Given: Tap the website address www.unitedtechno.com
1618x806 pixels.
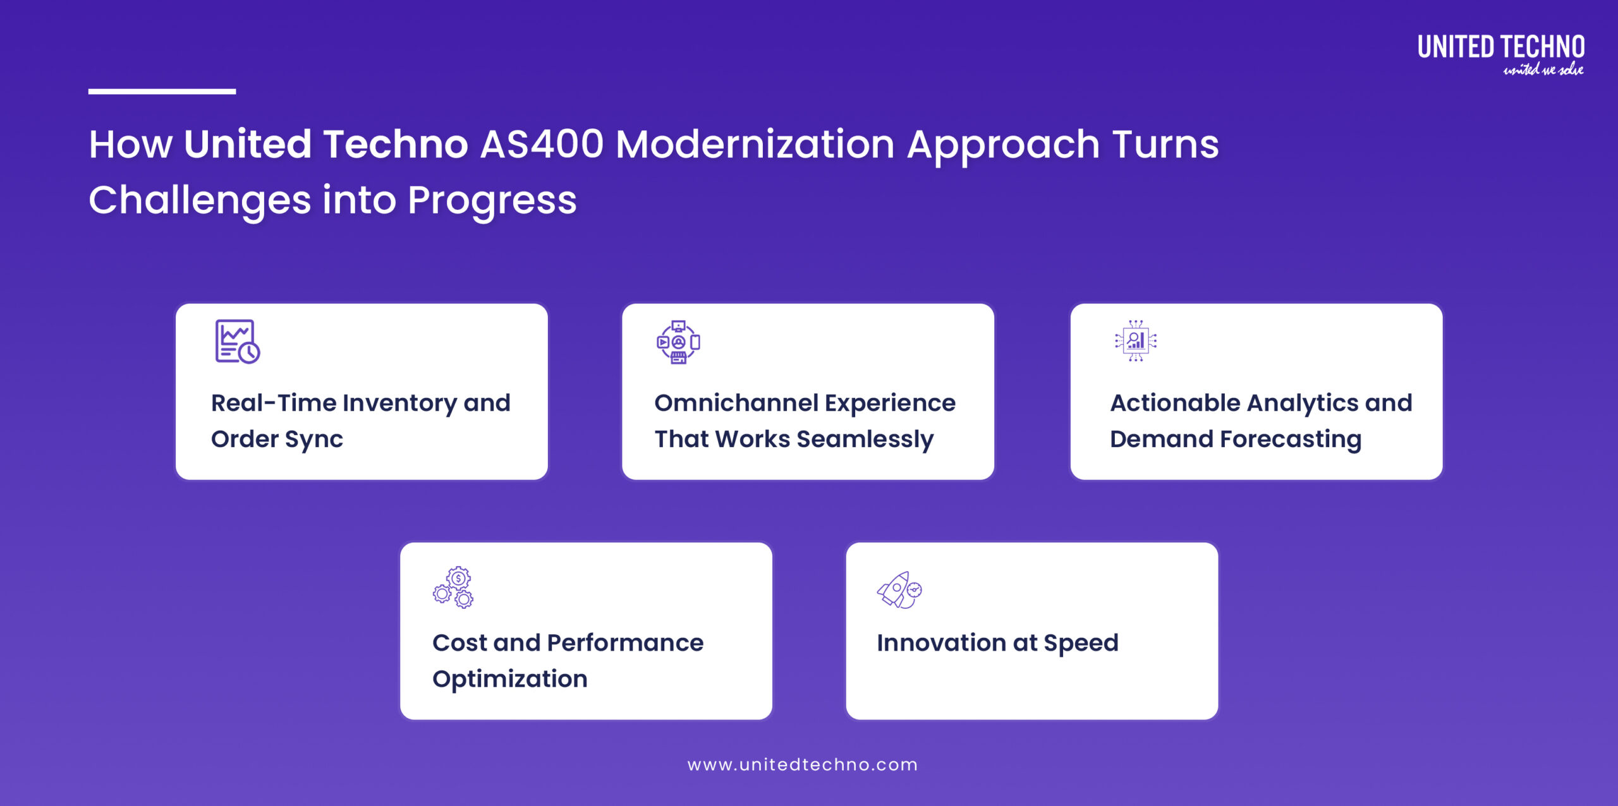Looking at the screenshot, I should point(803,764).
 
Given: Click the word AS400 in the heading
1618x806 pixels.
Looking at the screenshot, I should point(542,144).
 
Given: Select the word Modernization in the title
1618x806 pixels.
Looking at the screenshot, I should point(755,144).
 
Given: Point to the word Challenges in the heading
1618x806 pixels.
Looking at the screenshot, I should point(200,200).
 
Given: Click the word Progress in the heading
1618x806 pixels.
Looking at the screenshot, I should point(492,200).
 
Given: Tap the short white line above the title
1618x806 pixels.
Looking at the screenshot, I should point(162,92).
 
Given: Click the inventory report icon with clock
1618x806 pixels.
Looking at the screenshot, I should point(237,342).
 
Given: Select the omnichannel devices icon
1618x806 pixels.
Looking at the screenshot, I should point(678,342).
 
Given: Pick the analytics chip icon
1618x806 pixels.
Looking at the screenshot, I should point(1136,341).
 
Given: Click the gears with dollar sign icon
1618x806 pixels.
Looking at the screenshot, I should point(454,587).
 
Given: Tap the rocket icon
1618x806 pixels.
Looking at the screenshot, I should point(899,589).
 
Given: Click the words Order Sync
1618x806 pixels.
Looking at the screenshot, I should point(277,439).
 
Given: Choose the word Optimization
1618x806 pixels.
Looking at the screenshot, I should point(510,679).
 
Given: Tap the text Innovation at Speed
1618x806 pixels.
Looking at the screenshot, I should point(997,643).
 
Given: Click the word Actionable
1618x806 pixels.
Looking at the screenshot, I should point(1175,403).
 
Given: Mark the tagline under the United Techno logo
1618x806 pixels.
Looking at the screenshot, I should point(1543,69).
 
